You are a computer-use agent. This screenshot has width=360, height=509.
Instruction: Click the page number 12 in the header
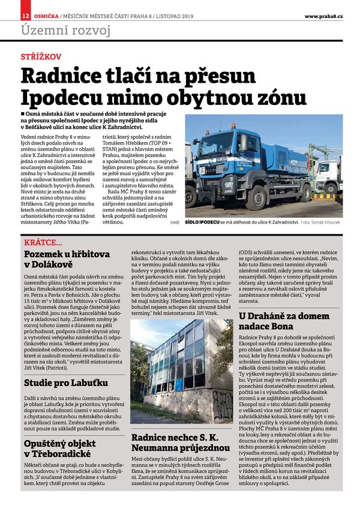pyautogui.click(x=25, y=15)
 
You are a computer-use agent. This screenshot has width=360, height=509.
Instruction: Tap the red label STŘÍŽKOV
pyautogui.click(x=40, y=57)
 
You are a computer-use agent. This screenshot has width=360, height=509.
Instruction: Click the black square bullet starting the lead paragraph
pyautogui.click(x=23, y=113)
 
